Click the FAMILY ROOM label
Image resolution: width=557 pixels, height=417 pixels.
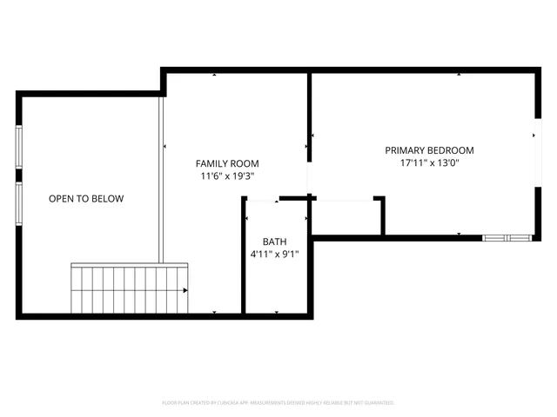coord(226,163)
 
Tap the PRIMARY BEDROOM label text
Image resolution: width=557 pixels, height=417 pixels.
coord(430,150)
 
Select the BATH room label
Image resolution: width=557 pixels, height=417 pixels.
coord(274,242)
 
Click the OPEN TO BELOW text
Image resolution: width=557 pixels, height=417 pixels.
coord(85,199)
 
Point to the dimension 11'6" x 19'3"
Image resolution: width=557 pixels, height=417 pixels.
coord(226,176)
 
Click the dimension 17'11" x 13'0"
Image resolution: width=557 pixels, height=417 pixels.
coord(430,163)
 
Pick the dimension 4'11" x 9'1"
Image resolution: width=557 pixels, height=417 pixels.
coord(274,255)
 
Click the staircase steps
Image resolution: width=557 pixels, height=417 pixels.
coord(126,290)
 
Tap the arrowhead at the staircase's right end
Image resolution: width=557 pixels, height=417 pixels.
coord(185,291)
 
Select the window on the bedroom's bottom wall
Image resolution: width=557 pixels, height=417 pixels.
coord(507,237)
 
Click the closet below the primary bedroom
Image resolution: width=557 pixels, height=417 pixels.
coord(346,217)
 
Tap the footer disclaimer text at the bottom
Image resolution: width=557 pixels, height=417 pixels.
coord(278,403)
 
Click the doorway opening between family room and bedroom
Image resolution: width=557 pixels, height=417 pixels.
coord(308,178)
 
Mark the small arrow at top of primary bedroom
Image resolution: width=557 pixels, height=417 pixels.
coord(459,75)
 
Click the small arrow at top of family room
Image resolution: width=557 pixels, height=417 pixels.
coord(214,75)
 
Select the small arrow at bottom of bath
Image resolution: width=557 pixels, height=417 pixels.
coord(275,313)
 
